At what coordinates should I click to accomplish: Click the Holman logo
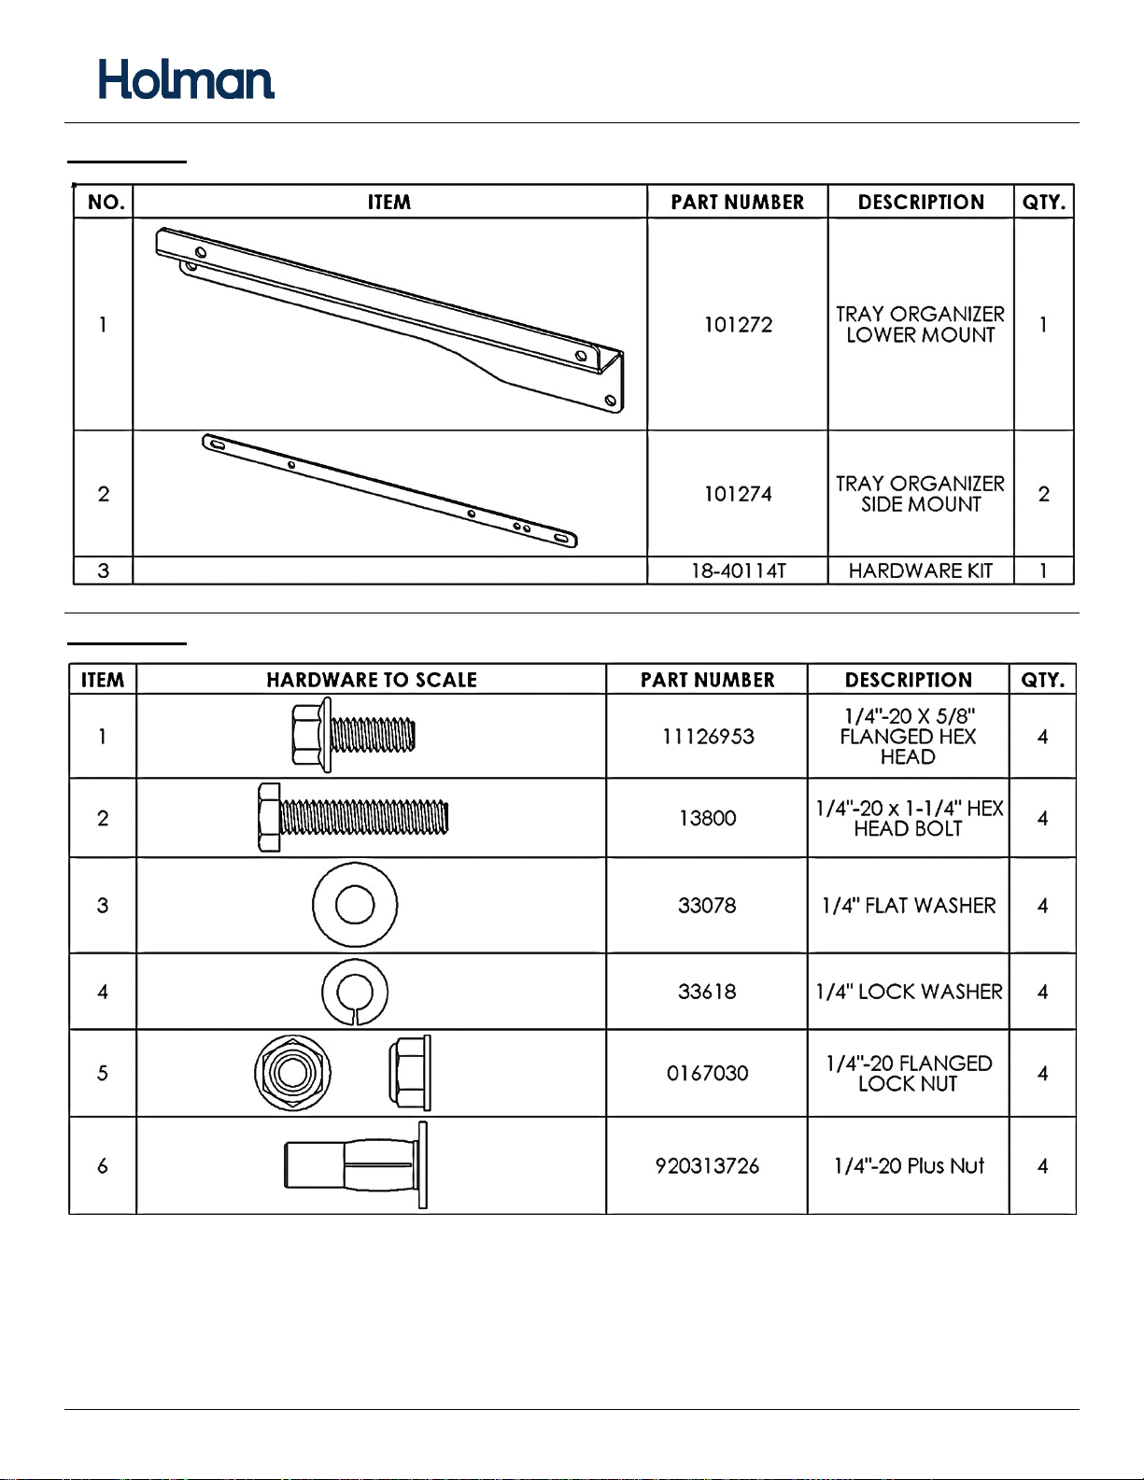[x=186, y=79]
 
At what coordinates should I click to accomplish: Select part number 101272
[x=738, y=325]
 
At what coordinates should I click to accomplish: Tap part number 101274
[x=738, y=494]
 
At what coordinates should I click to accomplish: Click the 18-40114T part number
[x=738, y=571]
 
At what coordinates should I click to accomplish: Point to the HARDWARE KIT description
[x=921, y=571]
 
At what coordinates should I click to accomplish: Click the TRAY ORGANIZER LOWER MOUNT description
[x=921, y=324]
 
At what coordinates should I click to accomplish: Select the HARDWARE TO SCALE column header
[x=372, y=680]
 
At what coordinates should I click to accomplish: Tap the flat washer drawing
[x=355, y=905]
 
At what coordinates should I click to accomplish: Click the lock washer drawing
[x=355, y=992]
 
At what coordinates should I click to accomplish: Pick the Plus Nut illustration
[x=356, y=1165]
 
